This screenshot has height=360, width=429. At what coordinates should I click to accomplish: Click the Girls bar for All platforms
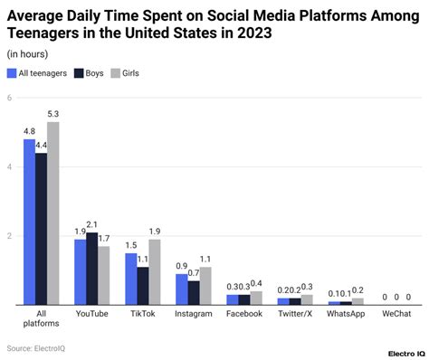click(53, 213)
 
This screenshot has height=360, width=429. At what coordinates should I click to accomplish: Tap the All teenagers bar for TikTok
click(131, 279)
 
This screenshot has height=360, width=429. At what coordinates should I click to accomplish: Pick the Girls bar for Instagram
click(205, 286)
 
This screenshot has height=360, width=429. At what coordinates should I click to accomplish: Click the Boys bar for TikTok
click(143, 286)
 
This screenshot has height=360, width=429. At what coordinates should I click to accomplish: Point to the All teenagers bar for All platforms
click(29, 222)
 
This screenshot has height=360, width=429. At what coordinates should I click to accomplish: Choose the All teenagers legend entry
click(43, 72)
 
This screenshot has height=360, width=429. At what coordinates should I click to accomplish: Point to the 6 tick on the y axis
click(9, 98)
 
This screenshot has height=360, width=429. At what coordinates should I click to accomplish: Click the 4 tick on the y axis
click(9, 167)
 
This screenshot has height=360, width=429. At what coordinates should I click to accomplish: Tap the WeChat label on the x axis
click(396, 314)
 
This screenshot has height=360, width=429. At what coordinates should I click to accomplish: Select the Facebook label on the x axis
click(243, 314)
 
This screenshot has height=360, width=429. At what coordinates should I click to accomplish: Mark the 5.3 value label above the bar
click(53, 114)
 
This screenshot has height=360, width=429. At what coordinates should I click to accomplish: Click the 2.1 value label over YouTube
click(91, 224)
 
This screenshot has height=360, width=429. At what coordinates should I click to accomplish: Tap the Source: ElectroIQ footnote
click(36, 347)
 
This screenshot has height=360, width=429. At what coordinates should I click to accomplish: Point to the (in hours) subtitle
click(28, 54)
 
